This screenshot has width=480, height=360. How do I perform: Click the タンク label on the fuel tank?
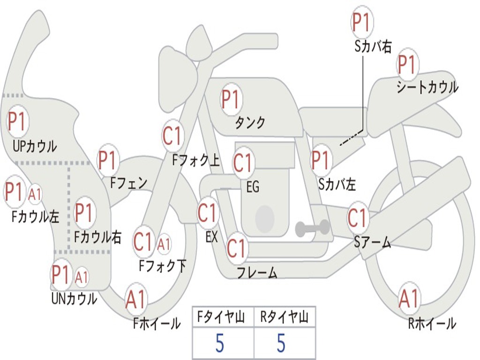point(250,122)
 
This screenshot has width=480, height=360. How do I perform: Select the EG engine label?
point(253,187)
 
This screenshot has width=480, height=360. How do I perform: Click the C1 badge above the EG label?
point(243,162)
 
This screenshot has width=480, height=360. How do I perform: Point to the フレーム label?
point(257,272)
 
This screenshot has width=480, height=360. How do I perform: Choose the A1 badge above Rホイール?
point(409,298)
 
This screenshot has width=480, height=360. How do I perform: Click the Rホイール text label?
point(432,323)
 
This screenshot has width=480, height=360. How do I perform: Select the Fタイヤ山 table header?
point(221,316)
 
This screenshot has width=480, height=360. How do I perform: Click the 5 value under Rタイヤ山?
point(281,343)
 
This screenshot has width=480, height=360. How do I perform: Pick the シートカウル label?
point(427,87)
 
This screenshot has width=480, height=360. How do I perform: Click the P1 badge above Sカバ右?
point(362,22)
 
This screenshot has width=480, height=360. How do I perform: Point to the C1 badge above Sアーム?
point(358,217)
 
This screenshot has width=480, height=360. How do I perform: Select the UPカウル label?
point(35,146)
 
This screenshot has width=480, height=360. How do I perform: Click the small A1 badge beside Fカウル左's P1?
point(34,195)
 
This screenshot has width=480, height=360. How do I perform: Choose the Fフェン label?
point(128,183)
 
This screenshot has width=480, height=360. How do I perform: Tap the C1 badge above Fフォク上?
point(173,135)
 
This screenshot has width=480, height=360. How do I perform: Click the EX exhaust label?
point(211,237)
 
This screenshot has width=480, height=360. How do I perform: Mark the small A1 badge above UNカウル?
point(82,277)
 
